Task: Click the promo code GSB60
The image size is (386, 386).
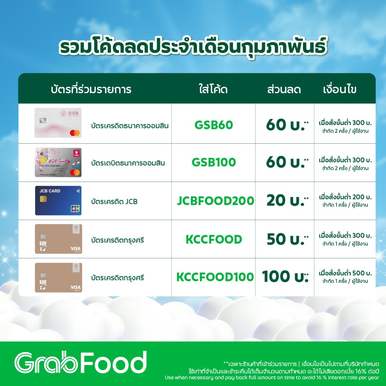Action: click(x=214, y=125)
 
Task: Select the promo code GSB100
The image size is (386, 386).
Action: click(x=214, y=162)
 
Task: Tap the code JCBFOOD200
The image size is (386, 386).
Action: click(x=215, y=201)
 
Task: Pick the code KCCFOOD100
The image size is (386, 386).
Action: click(x=215, y=277)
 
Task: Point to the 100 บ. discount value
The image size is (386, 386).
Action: click(x=285, y=277)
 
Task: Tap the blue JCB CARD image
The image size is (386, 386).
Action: click(x=58, y=201)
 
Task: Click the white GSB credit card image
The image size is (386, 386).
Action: click(x=58, y=123)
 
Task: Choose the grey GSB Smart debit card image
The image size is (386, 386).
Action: click(x=58, y=162)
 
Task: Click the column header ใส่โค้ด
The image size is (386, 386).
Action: click(x=213, y=89)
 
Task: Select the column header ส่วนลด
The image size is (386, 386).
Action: click(x=284, y=89)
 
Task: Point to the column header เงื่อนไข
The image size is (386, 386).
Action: click(x=339, y=89)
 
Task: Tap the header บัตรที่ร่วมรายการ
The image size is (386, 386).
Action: click(x=91, y=89)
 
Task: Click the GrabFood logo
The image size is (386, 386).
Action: click(x=80, y=363)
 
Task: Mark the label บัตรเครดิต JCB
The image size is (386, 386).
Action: click(x=114, y=202)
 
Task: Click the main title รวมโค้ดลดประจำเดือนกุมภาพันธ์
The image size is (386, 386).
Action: click(x=193, y=46)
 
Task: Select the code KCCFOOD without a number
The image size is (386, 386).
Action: click(x=214, y=239)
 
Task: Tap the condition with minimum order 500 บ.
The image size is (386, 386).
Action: click(x=345, y=276)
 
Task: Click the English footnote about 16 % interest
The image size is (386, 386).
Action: click(x=272, y=378)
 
